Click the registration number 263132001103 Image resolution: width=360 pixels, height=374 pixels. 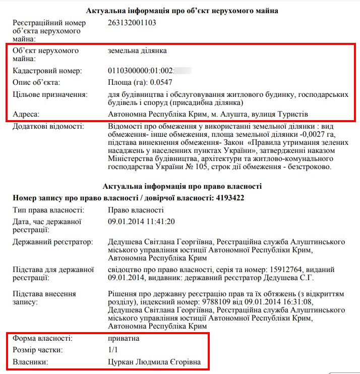pos(132,23)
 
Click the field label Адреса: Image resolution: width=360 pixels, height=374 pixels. pos(26,114)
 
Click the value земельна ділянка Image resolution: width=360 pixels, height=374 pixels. pos(137,51)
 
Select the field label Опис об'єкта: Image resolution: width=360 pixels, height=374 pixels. pos(36,82)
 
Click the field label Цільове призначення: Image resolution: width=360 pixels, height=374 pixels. pos(50,94)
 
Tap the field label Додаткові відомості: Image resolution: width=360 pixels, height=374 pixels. pos(48,126)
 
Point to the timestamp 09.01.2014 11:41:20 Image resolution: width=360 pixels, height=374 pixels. pos(142,222)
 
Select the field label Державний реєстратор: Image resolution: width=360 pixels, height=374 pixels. pos(52,242)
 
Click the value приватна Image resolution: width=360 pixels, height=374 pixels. pos(124,338)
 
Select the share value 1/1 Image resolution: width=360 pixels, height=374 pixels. pos(113,350)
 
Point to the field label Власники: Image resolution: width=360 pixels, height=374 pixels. pos(31,362)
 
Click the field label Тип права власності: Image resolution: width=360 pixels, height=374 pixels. pos(48,210)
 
